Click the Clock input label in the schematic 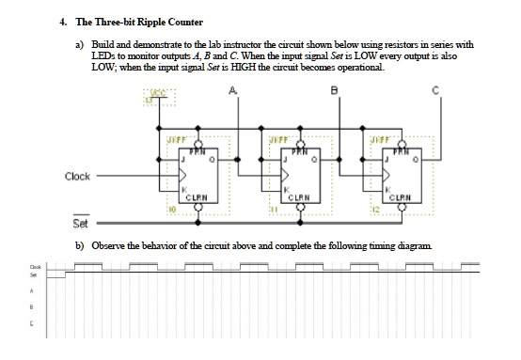tap(78, 176)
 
